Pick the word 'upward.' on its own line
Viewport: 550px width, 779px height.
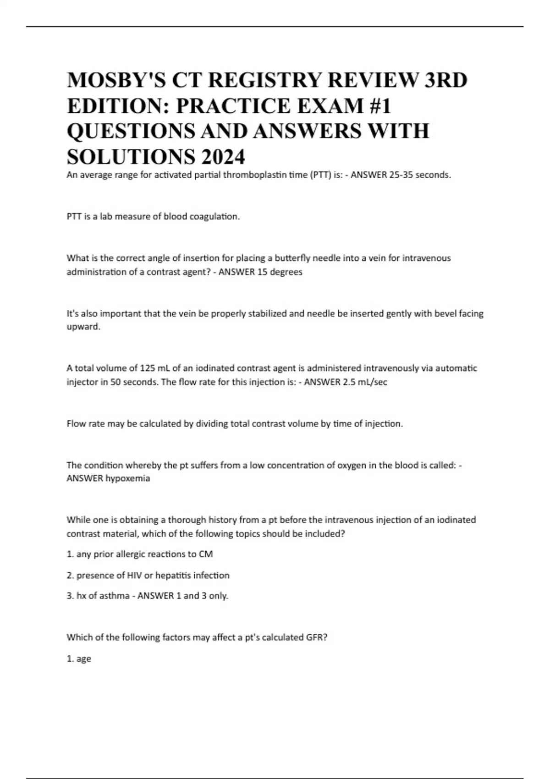(83, 327)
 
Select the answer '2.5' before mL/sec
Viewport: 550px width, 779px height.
(350, 382)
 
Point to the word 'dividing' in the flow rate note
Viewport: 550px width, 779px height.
(211, 423)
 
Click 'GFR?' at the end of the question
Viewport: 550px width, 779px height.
(316, 637)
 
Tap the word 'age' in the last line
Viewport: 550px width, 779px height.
(84, 658)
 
